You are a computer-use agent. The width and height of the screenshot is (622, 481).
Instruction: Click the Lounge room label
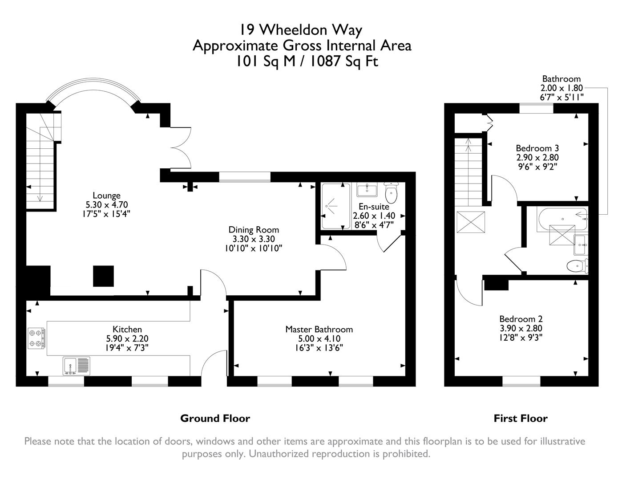click(106, 196)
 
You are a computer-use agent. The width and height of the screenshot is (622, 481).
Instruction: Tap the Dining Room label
click(254, 230)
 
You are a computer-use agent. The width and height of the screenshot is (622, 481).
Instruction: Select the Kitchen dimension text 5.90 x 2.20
click(127, 338)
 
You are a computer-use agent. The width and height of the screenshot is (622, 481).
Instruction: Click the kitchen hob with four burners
click(36, 338)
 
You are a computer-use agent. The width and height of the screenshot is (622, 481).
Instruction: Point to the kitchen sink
click(76, 365)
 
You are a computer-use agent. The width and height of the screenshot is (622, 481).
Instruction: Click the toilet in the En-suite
click(391, 193)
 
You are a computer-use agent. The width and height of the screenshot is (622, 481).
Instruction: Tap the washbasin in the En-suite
click(367, 190)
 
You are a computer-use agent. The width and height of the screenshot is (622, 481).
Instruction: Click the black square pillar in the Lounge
click(103, 276)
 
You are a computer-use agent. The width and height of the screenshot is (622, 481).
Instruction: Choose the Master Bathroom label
click(319, 329)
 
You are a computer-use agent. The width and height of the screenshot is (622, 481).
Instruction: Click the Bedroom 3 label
click(537, 148)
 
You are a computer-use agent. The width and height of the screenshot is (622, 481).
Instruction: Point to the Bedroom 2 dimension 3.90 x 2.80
click(521, 328)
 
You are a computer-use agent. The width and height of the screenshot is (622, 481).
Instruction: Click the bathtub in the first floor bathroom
click(562, 219)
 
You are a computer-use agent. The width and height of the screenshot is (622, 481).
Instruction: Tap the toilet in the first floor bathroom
click(577, 266)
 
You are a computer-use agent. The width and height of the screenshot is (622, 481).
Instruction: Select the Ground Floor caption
click(215, 418)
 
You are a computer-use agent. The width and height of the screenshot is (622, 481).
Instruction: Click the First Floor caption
click(520, 418)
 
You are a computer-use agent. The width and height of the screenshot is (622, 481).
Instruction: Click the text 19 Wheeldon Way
click(301, 30)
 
